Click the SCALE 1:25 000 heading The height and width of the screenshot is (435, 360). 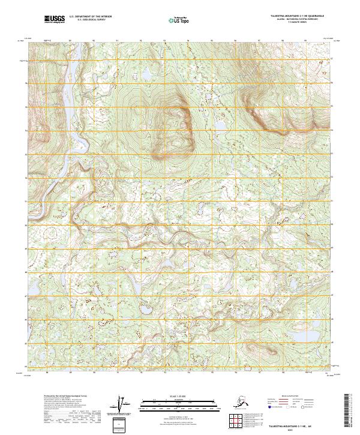coord(177,397)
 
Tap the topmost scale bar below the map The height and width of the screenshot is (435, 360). coord(177,401)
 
